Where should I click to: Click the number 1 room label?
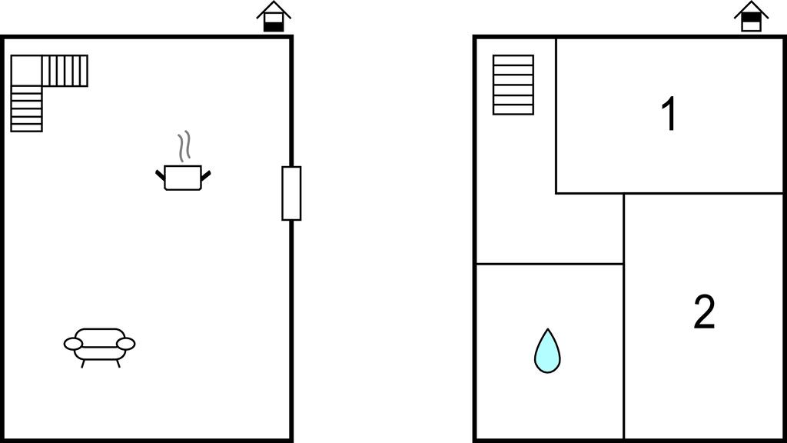point(669,114)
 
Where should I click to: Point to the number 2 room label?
point(704,312)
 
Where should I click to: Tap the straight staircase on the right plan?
point(513,85)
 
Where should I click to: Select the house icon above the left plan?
point(274,17)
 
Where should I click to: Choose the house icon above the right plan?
point(751,17)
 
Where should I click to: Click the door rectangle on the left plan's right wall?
point(291,193)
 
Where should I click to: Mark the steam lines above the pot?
point(184,146)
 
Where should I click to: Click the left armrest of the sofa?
point(73,344)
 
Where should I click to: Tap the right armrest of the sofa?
point(125,344)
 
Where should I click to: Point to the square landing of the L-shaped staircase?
point(26,70)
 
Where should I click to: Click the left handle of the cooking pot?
point(160,175)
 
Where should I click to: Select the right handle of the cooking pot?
point(206,175)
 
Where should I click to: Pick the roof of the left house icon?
point(274,8)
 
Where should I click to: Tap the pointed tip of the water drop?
point(547,329)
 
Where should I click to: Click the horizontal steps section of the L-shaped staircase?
point(65,71)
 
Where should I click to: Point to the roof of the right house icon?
point(751,8)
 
